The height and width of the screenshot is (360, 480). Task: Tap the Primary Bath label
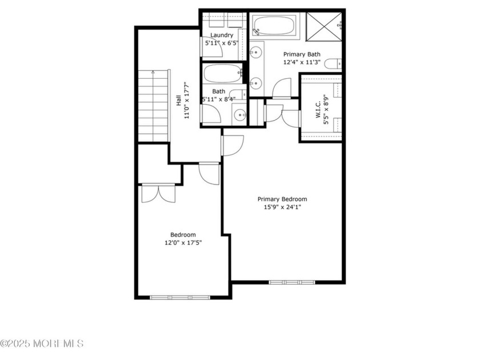click(302, 55)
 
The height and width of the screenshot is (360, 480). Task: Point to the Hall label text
click(179, 101)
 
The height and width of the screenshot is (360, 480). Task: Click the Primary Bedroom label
click(282, 199)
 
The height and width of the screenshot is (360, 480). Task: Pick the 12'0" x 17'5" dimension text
click(183, 243)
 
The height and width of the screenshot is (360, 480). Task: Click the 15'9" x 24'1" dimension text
click(282, 207)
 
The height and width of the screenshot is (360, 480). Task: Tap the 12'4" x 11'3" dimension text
click(302, 63)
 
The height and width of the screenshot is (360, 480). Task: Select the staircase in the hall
click(154, 106)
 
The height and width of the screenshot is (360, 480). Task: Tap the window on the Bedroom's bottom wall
click(179, 297)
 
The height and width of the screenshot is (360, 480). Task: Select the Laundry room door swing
click(212, 50)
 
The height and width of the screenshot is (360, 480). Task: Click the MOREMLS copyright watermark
click(42, 343)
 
